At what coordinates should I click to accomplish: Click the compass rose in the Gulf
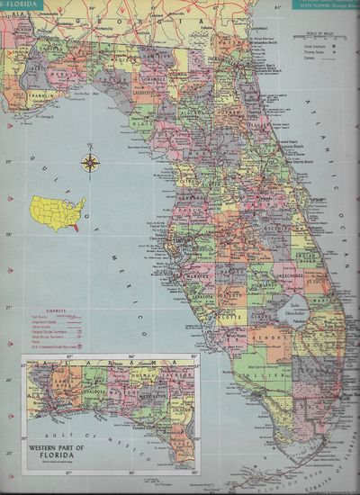coord(90,163)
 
